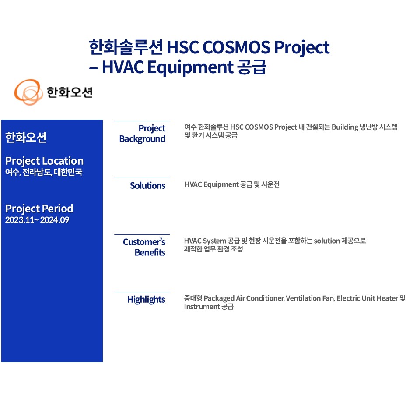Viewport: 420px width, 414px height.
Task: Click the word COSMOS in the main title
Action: click(x=237, y=47)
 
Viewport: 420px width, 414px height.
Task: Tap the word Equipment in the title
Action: click(x=190, y=67)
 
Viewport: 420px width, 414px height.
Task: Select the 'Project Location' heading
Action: click(x=45, y=161)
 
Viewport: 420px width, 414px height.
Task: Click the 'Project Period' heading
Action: click(x=39, y=209)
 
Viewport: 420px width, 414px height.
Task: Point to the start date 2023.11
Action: click(x=20, y=220)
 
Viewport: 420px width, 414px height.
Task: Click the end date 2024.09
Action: click(x=55, y=220)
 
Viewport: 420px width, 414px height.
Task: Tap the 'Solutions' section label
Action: click(x=147, y=186)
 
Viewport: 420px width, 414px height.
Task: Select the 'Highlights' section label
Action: click(x=146, y=300)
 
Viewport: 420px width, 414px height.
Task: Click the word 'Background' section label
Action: click(x=142, y=139)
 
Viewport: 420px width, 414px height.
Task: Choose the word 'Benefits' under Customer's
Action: click(x=150, y=253)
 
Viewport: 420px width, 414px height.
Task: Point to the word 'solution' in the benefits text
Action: click(x=327, y=241)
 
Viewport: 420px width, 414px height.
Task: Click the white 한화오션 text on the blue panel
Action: click(x=26, y=138)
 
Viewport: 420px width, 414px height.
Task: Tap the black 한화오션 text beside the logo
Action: click(x=70, y=92)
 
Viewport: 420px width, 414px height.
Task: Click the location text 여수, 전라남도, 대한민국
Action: click(x=44, y=172)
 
